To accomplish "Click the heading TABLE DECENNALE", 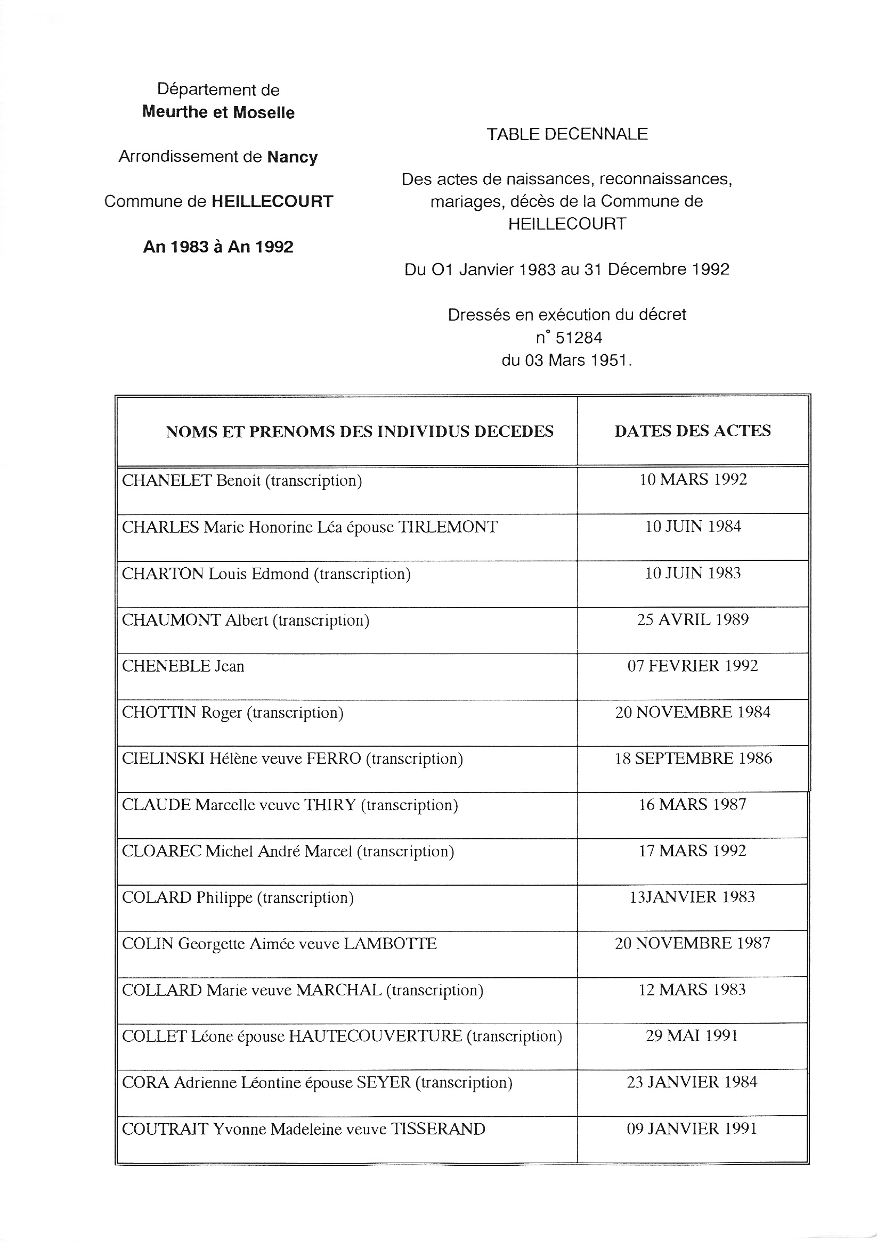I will [566, 134].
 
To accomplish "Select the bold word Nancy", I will [292, 157].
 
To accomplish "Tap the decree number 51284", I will [579, 338].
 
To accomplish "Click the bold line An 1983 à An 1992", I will [218, 247].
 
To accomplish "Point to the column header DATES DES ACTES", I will [692, 431].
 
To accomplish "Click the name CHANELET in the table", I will [166, 481].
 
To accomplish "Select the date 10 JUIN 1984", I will [692, 526].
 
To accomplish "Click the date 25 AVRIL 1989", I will [692, 619].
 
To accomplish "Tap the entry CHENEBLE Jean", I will [183, 666].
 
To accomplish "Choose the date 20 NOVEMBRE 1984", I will [692, 712].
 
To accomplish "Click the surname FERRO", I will [334, 758].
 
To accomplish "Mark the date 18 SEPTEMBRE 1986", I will [692, 758].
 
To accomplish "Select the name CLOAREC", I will [162, 851].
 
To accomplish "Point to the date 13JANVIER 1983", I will [692, 897].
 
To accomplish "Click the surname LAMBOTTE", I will [390, 944].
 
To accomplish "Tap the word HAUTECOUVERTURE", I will [375, 1036].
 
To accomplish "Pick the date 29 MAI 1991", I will [692, 1036].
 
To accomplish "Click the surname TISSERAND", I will [437, 1129].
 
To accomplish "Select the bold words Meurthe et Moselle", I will [218, 112].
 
